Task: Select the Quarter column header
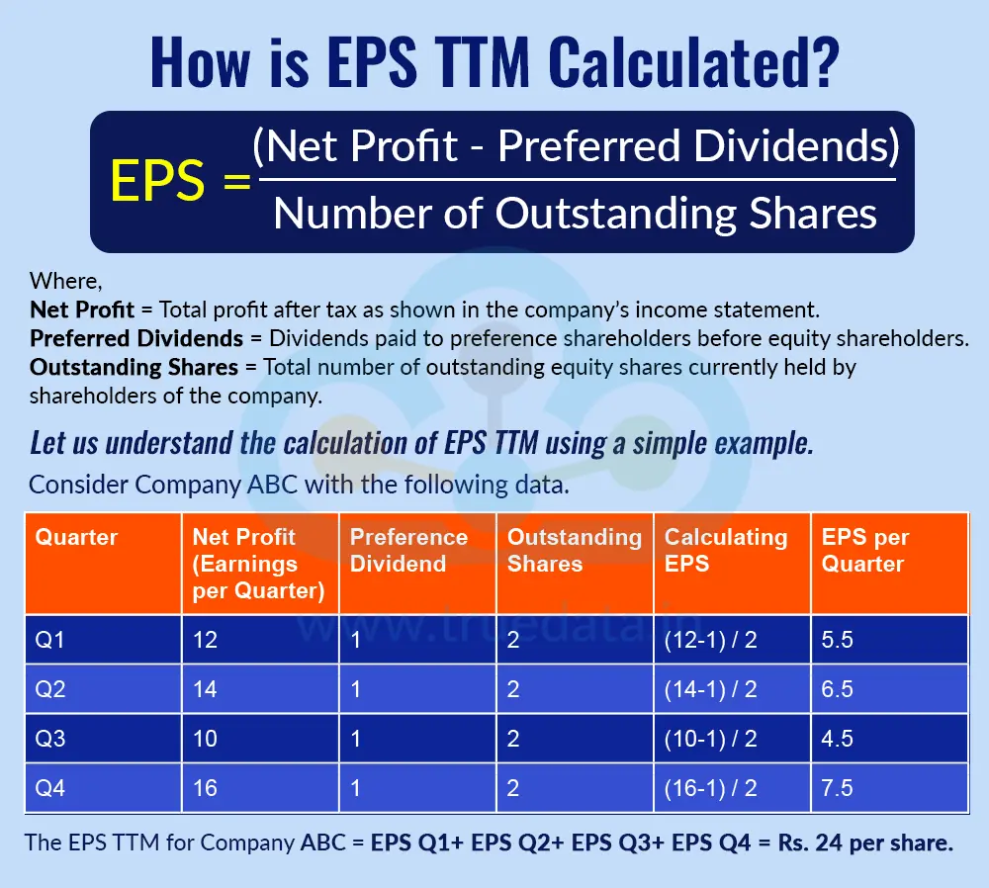(76, 538)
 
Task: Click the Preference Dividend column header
(408, 551)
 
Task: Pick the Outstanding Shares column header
(574, 551)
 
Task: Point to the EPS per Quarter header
(864, 551)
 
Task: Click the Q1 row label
(50, 641)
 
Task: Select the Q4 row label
(50, 789)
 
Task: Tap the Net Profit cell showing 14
(205, 690)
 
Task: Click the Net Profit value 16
(205, 789)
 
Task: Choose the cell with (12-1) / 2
(710, 641)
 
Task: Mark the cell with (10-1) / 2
(710, 740)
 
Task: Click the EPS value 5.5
(837, 641)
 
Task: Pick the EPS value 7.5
(837, 789)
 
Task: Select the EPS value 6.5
(837, 690)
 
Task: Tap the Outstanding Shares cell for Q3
(513, 740)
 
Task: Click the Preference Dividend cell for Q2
(356, 690)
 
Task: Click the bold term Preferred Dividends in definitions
(136, 338)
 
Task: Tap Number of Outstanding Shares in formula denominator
(575, 214)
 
